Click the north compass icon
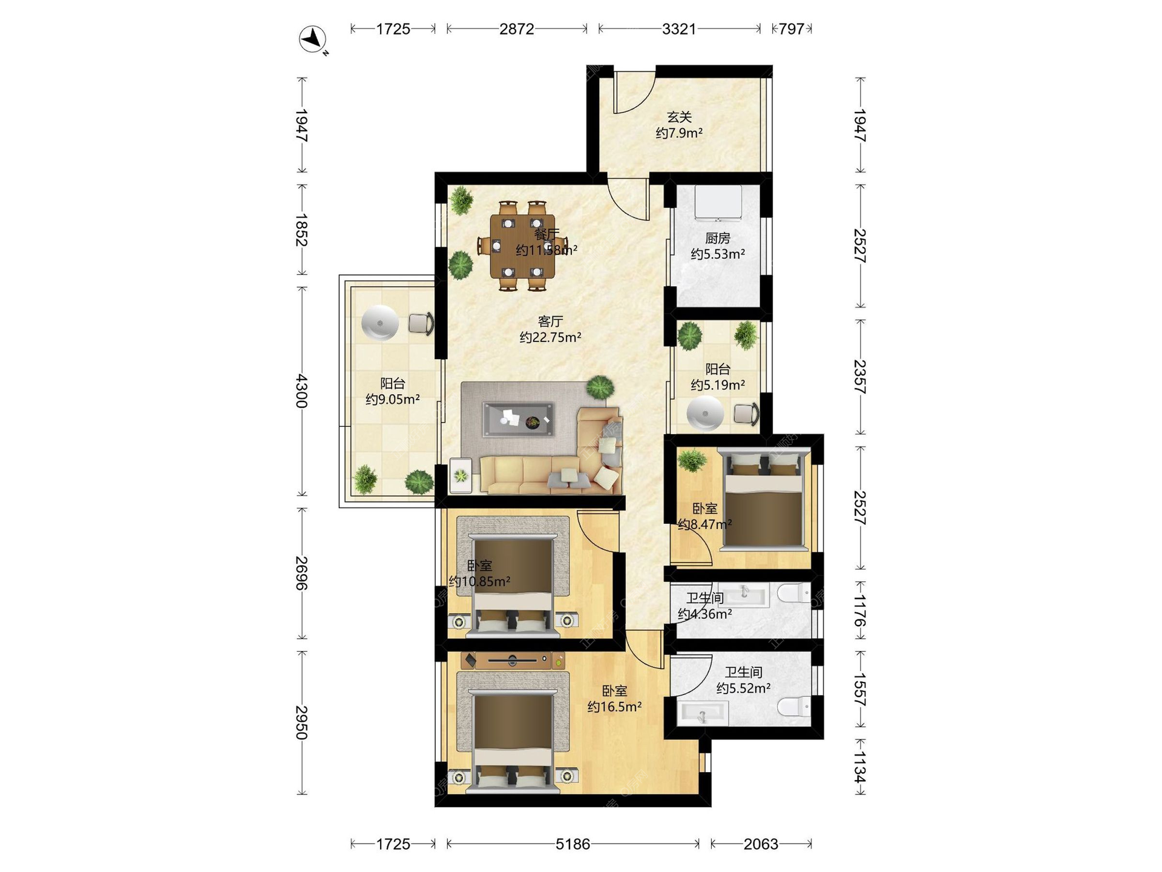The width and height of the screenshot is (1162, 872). pyautogui.click(x=313, y=40)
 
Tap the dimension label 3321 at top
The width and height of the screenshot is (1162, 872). pyautogui.click(x=679, y=29)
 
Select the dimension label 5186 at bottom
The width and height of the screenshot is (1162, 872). pyautogui.click(x=573, y=844)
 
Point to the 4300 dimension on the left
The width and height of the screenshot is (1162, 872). pyautogui.click(x=301, y=391)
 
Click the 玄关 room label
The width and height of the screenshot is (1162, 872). pyautogui.click(x=679, y=117)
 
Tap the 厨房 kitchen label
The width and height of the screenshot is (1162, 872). pyautogui.click(x=718, y=238)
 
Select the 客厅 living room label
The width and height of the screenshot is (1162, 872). pyautogui.click(x=550, y=322)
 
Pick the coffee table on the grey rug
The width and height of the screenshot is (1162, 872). pyautogui.click(x=518, y=419)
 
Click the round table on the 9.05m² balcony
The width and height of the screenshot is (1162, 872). pyautogui.click(x=380, y=323)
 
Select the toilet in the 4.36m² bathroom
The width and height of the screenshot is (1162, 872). pyautogui.click(x=794, y=593)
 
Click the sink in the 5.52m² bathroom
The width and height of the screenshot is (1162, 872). pyautogui.click(x=703, y=713)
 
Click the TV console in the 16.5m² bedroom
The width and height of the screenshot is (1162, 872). pyautogui.click(x=513, y=660)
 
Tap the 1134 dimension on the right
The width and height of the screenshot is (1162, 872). pyautogui.click(x=859, y=767)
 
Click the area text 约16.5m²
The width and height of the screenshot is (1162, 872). pyautogui.click(x=614, y=707)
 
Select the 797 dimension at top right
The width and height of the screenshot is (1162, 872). pyautogui.click(x=792, y=29)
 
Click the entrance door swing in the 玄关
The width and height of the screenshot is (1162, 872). pyautogui.click(x=634, y=92)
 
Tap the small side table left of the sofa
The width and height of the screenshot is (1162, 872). pyautogui.click(x=461, y=475)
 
